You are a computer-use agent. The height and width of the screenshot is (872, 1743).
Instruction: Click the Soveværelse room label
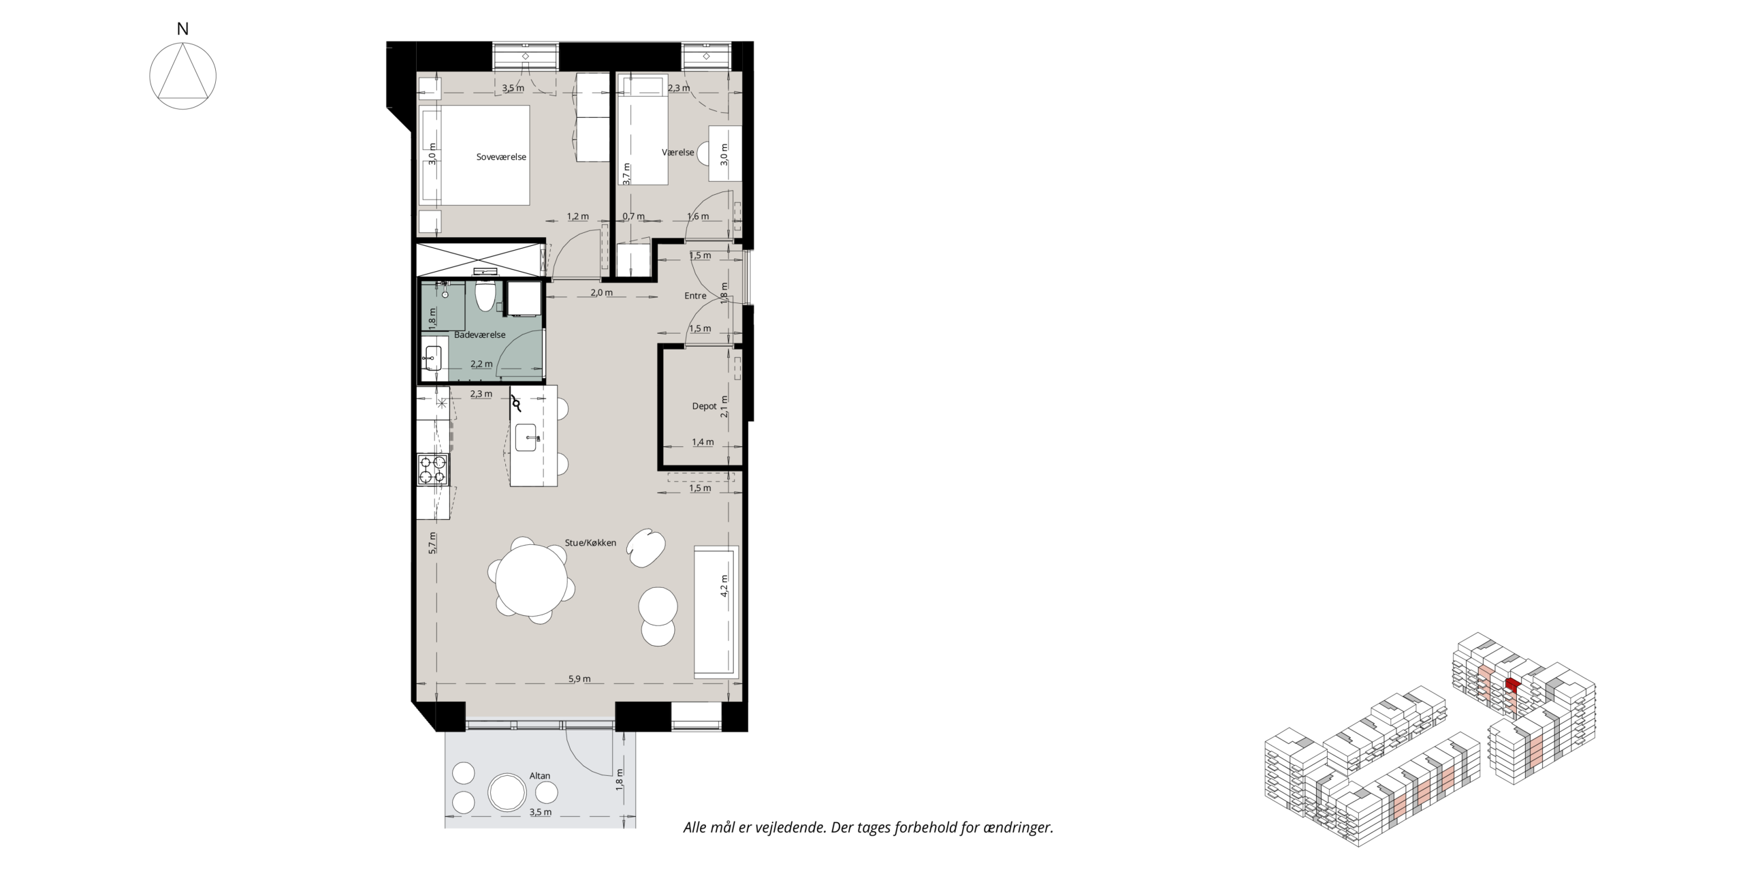tap(501, 157)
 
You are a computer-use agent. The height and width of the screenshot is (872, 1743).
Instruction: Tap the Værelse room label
tap(678, 152)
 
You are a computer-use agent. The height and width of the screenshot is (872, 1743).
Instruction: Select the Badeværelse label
tap(480, 334)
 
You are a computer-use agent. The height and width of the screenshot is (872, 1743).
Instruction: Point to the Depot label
tap(704, 406)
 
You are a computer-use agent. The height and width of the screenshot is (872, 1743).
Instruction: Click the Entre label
tap(695, 296)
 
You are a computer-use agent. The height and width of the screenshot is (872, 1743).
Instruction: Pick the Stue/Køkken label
tap(590, 543)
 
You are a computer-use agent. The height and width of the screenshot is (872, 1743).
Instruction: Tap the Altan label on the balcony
tap(540, 776)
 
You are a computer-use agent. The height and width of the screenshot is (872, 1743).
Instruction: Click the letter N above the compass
tap(182, 29)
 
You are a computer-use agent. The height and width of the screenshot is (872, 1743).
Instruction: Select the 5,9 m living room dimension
tap(579, 679)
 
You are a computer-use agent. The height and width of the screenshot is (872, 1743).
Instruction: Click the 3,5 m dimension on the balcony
tap(540, 812)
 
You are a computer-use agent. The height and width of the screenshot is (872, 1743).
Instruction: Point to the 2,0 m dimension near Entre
tap(601, 293)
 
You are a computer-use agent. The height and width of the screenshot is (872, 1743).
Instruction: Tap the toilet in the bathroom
tap(485, 294)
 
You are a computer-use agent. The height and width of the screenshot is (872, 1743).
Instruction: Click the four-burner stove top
tap(433, 469)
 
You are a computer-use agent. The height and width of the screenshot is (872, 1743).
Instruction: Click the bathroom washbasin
tap(432, 358)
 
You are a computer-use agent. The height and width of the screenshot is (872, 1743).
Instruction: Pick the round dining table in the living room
tap(531, 580)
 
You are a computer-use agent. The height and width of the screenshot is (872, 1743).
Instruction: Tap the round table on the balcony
tap(507, 792)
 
